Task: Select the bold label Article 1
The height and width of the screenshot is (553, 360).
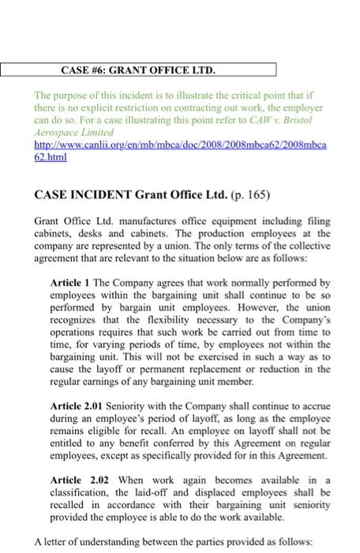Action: pos(71,282)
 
